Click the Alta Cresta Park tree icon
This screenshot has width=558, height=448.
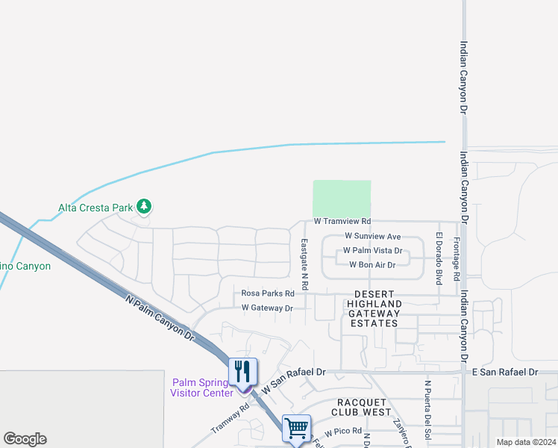pyautogui.click(x=144, y=206)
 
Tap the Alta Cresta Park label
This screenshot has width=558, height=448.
pyautogui.click(x=96, y=207)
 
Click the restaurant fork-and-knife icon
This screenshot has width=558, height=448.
pyautogui.click(x=242, y=371)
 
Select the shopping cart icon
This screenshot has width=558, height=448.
pyautogui.click(x=297, y=429)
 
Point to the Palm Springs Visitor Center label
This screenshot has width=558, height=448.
pyautogui.click(x=201, y=388)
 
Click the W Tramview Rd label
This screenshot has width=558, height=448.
pyautogui.click(x=342, y=222)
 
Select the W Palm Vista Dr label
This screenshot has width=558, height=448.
pyautogui.click(x=372, y=251)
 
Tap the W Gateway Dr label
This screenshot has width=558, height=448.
pyautogui.click(x=266, y=308)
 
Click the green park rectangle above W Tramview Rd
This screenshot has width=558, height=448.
pyautogui.click(x=342, y=199)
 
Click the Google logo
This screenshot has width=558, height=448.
pyautogui.click(x=25, y=439)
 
